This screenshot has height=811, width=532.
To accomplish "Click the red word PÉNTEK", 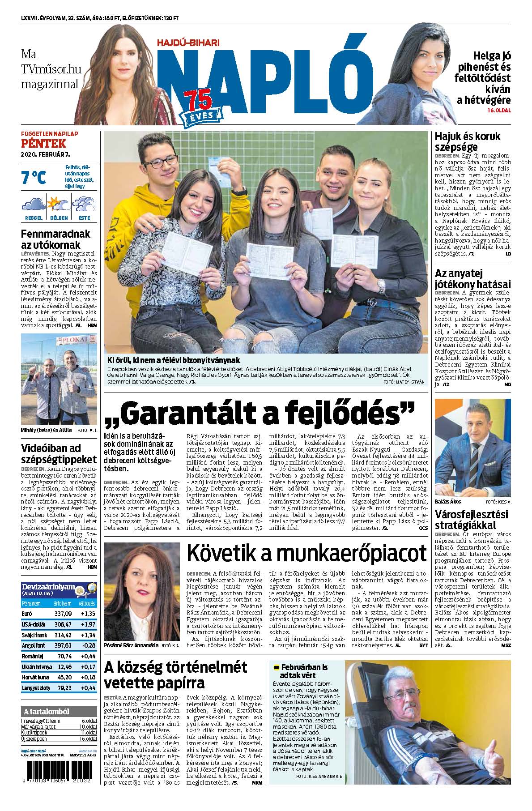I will click(43, 144).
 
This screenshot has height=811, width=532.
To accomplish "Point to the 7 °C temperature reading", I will click(34, 178).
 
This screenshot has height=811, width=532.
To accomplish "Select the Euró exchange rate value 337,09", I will click(62, 614).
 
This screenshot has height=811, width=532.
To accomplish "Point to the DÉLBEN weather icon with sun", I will click(59, 204).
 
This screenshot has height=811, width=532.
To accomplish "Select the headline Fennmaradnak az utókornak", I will click(56, 239).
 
